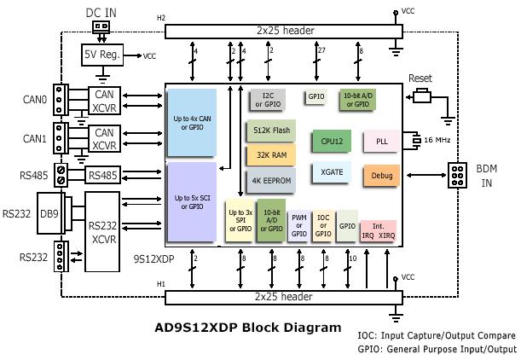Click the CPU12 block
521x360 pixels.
click(x=331, y=142)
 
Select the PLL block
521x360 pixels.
click(x=381, y=142)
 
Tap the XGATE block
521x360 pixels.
click(x=331, y=172)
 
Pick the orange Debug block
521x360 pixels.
click(x=381, y=175)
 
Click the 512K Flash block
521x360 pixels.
click(x=271, y=131)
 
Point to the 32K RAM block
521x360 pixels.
click(x=271, y=155)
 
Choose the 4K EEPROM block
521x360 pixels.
click(x=271, y=181)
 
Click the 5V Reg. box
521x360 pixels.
click(x=102, y=55)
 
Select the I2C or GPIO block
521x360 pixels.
click(x=268, y=100)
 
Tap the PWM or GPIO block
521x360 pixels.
click(x=298, y=226)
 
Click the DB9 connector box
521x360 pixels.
click(x=49, y=213)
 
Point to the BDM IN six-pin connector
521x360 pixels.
click(x=457, y=175)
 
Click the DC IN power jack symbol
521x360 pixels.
click(x=101, y=27)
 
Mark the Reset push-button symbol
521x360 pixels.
click(x=422, y=96)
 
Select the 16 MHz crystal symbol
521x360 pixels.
click(x=416, y=140)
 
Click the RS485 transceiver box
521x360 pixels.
click(x=102, y=175)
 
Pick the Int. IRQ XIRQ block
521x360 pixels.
click(x=378, y=231)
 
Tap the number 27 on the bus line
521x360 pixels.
click(x=321, y=50)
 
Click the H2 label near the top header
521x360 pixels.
click(x=161, y=18)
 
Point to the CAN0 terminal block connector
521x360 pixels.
click(x=61, y=100)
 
